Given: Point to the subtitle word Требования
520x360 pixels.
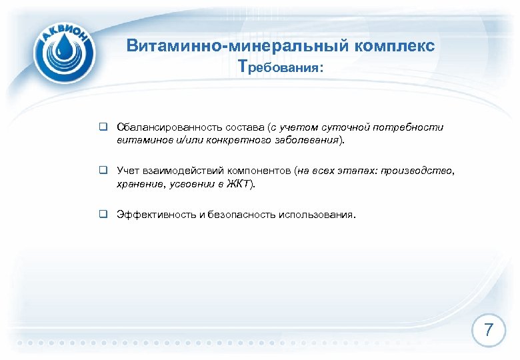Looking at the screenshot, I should pos(280,68).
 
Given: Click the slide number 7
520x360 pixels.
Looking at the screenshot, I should pos(489,330).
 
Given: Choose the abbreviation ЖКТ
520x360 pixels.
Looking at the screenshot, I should pos(237,185).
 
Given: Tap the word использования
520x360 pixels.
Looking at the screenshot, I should pos(319,215).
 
